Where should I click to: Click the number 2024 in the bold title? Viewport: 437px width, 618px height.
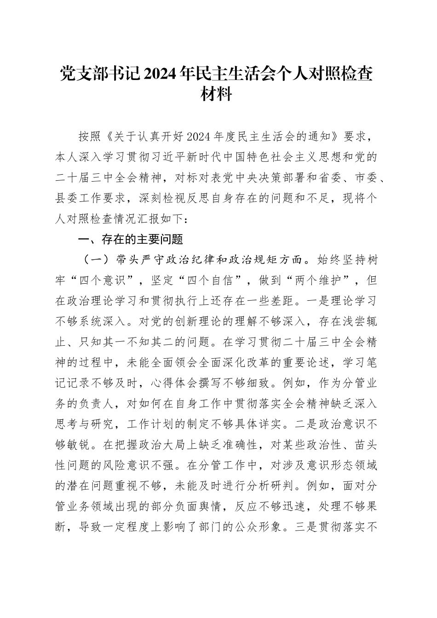(x=162, y=74)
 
